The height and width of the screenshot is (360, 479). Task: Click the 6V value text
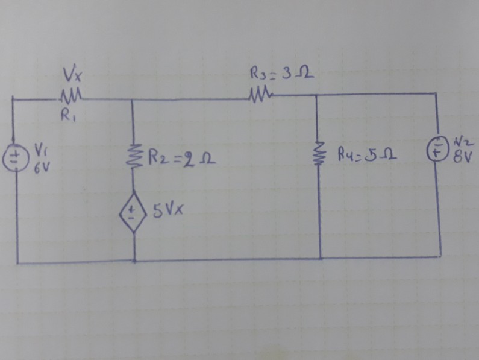pos(39,166)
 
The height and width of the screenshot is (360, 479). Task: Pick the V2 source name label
pos(463,142)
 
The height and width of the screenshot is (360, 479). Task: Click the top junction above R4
pos(317,95)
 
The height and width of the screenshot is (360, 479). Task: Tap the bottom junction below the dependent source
pos(133,262)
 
